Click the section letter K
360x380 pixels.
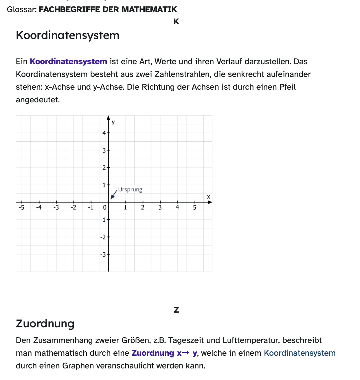click(176, 22)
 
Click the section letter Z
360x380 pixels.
click(176, 310)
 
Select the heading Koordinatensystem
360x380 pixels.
click(67, 35)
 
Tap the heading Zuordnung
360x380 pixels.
click(45, 323)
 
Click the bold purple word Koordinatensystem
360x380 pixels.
click(68, 62)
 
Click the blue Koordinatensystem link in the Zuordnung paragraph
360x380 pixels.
click(300, 353)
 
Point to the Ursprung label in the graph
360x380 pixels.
click(130, 190)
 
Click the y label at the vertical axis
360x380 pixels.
click(113, 122)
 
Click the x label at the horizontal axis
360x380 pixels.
click(208, 197)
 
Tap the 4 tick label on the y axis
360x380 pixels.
click(104, 133)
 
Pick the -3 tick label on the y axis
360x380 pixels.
click(103, 254)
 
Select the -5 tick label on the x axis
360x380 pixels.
click(21, 207)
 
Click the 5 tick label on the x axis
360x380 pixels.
click(194, 207)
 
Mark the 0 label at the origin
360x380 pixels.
click(105, 207)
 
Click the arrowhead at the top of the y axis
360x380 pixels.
click(109, 118)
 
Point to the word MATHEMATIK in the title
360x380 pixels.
click(149, 9)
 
